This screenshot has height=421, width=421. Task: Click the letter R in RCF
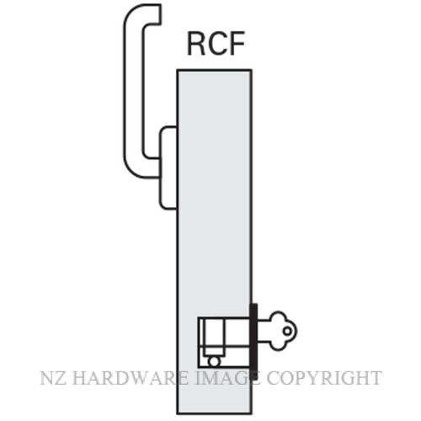tap(196, 44)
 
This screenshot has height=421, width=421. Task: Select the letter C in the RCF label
tap(217, 44)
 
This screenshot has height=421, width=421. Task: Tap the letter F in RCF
tap(237, 44)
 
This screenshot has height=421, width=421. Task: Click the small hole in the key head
tap(287, 331)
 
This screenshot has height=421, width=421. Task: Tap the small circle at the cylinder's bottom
tap(214, 361)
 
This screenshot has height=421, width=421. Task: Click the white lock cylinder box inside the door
tap(224, 343)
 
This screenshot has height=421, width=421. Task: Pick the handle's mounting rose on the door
tap(168, 168)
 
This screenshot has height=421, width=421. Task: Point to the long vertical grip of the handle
tap(134, 93)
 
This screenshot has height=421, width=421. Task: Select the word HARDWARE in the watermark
tap(130, 378)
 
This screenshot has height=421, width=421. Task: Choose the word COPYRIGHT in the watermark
tap(324, 378)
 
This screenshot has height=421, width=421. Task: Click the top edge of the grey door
tap(215, 70)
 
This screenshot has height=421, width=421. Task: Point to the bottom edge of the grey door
tap(215, 413)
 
